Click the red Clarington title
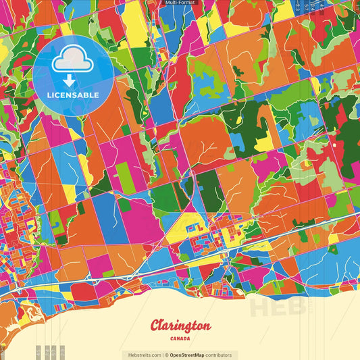point(180,326)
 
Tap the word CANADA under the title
point(180,338)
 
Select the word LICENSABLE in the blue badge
point(73,94)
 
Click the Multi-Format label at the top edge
point(180,3)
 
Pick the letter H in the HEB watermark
point(261,307)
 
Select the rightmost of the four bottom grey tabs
point(61,352)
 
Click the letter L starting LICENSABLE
point(49,94)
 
